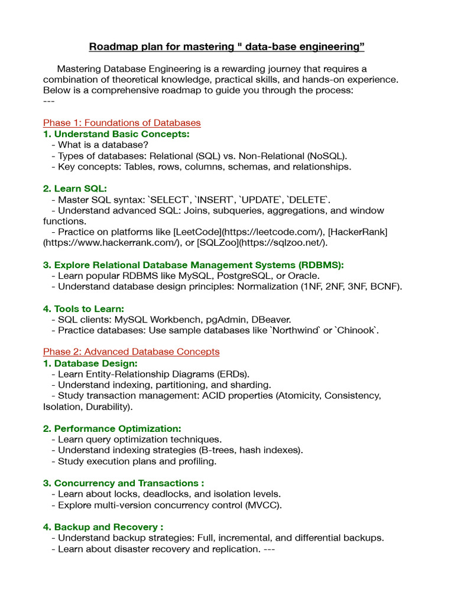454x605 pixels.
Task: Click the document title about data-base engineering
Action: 226,46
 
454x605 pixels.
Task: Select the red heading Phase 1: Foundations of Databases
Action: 122,123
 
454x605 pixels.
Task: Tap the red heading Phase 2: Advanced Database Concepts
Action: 131,352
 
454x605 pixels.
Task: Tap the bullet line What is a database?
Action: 100,145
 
